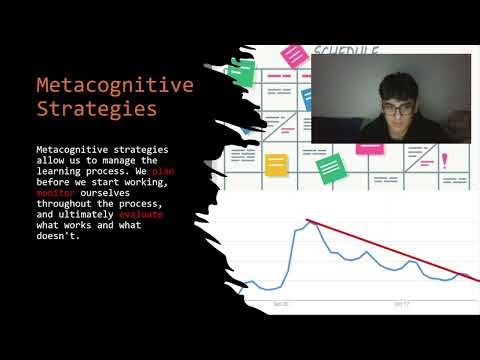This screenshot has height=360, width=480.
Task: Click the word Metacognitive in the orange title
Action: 114,86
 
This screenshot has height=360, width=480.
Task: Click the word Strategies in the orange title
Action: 96,108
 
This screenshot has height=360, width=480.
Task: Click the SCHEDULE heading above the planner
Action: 345,50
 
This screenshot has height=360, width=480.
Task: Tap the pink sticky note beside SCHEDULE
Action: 294,54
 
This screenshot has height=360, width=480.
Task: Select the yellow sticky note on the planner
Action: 276,164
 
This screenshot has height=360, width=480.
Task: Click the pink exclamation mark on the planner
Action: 444,159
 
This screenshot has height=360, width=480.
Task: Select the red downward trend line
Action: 390,250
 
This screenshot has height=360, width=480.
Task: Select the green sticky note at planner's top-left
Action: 241,70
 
